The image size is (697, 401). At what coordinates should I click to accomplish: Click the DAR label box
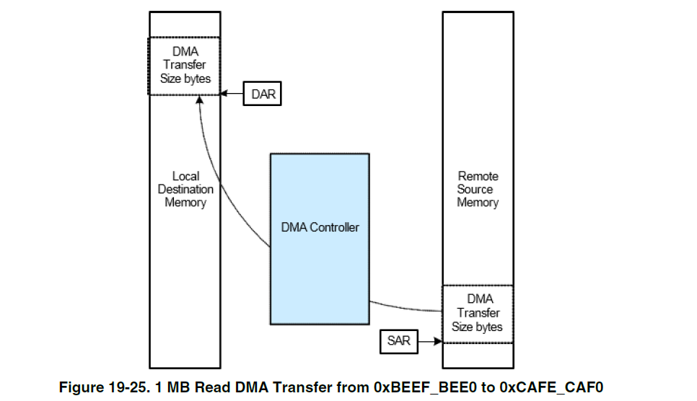(262, 94)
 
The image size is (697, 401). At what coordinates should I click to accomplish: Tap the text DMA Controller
(320, 227)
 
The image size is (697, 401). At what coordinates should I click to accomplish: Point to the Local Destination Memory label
(185, 190)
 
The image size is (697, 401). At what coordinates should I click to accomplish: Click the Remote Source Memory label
(478, 190)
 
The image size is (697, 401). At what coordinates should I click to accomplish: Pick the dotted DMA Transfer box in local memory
(185, 66)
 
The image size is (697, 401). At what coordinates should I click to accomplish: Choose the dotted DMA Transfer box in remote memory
(478, 313)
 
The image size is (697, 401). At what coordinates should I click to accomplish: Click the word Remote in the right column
(478, 176)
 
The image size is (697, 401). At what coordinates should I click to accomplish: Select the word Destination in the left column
(185, 190)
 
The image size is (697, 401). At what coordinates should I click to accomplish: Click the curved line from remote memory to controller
(404, 307)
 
